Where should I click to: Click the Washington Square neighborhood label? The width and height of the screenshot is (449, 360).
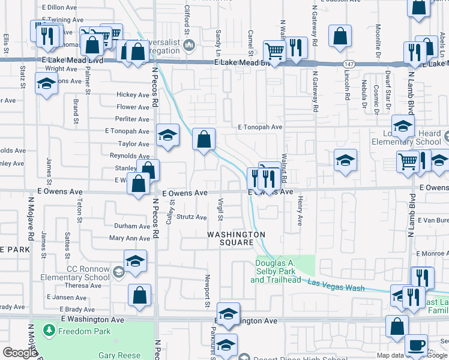[237, 238]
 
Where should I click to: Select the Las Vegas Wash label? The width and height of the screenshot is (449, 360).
[336, 284]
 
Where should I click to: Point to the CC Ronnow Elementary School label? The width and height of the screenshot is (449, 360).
[80, 273]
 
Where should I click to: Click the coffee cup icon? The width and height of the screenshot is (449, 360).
[415, 345]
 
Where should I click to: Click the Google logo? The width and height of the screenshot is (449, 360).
[20, 352]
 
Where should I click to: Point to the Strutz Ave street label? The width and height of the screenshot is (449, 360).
[191, 217]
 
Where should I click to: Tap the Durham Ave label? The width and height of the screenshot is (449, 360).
[132, 226]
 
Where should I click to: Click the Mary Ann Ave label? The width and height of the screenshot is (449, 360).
[129, 238]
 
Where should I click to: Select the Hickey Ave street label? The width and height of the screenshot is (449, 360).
[133, 95]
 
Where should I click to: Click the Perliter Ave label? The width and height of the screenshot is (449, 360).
[133, 119]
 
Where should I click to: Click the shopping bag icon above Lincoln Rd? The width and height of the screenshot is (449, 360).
[340, 36]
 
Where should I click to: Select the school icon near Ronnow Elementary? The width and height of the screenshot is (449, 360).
[135, 261]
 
